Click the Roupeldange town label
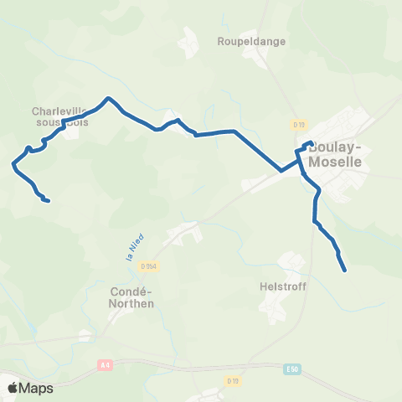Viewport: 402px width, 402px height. [x=251, y=40]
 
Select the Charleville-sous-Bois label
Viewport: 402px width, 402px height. [x=60, y=116]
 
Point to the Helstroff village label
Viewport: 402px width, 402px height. [x=283, y=286]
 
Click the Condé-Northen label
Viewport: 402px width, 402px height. [x=132, y=298]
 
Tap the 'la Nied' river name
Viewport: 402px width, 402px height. [x=131, y=249]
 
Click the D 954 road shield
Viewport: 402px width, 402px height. [x=148, y=266]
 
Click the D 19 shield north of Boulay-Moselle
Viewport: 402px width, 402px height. [x=298, y=124]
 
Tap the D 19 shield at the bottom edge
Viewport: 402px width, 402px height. [x=232, y=381]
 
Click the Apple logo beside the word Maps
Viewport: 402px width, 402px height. [x=12, y=388]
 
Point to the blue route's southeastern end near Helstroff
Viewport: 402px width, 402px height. [x=345, y=270]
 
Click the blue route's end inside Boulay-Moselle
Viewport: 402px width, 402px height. [x=312, y=142]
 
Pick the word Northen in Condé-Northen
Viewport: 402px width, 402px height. [x=132, y=304]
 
